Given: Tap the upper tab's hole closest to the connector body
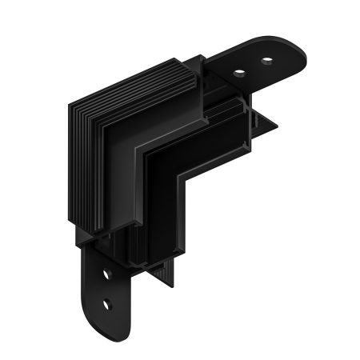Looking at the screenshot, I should click(239, 73).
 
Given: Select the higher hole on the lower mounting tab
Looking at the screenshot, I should click(106, 274).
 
